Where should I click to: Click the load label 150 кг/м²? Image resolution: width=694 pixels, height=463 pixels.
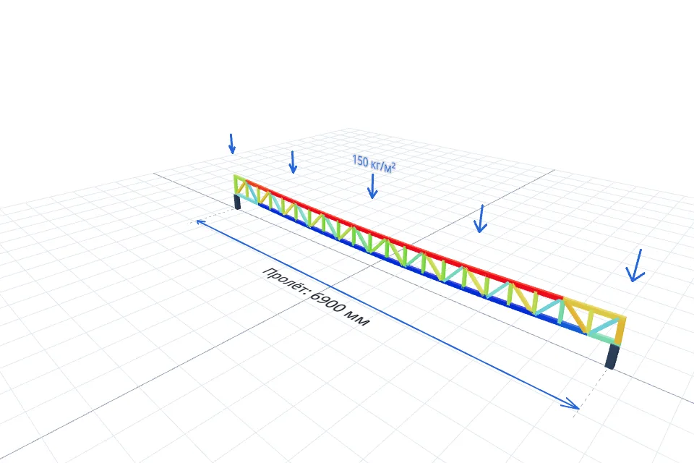374,163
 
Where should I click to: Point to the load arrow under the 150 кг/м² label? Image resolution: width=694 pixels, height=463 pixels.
372,186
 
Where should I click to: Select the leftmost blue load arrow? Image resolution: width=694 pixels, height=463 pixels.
231,143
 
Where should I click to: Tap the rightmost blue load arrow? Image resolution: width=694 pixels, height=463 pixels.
635,266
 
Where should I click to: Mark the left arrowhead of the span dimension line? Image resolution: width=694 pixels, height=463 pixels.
200,221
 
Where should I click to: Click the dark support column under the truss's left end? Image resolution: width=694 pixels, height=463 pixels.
237,202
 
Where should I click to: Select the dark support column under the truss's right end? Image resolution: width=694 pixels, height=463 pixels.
612,355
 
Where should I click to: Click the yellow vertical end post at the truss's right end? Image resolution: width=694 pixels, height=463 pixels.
620,331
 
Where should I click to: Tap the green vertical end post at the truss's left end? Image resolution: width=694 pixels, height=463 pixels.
236,184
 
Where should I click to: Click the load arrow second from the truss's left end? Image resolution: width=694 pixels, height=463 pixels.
293,162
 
